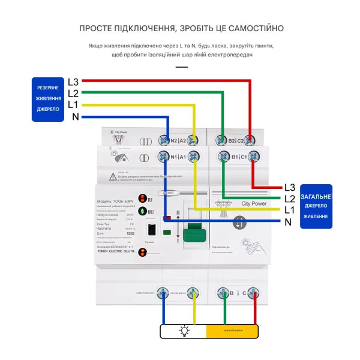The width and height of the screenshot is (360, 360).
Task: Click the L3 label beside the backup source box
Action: (x=73, y=82)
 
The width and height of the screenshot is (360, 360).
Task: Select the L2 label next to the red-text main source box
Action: (x=290, y=199)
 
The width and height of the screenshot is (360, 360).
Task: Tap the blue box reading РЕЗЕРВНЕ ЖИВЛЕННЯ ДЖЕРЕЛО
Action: (x=47, y=98)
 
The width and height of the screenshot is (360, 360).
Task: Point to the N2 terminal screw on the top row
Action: (x=163, y=140)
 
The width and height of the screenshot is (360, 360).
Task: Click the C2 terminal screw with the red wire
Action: (x=252, y=140)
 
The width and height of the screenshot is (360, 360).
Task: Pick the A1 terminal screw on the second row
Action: (x=193, y=157)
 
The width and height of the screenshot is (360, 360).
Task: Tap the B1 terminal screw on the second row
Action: (x=223, y=157)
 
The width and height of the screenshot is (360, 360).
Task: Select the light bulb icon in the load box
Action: (x=184, y=331)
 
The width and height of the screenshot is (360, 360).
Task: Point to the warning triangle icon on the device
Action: (x=113, y=177)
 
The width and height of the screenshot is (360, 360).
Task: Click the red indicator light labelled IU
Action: (x=143, y=199)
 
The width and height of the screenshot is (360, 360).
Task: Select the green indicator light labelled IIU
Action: (x=143, y=211)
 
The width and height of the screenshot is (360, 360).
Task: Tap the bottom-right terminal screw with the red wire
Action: (x=255, y=293)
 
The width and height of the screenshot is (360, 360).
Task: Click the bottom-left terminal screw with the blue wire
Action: (x=163, y=293)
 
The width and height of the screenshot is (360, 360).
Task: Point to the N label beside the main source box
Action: (x=289, y=222)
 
